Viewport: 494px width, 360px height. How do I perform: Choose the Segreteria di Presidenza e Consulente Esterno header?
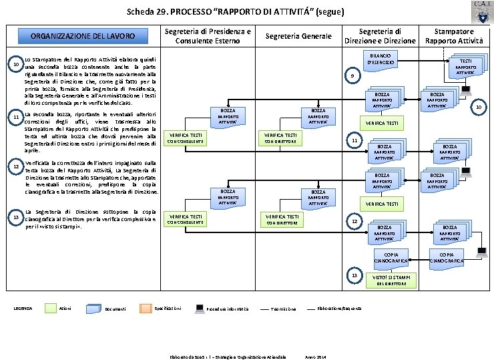(x=208, y=36)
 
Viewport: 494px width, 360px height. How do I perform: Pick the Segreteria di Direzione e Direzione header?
(x=380, y=36)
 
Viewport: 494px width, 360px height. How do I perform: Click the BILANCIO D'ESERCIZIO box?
(x=382, y=58)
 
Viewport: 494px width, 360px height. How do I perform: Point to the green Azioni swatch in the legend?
(x=51, y=307)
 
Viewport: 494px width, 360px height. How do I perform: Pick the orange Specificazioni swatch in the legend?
(x=145, y=307)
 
